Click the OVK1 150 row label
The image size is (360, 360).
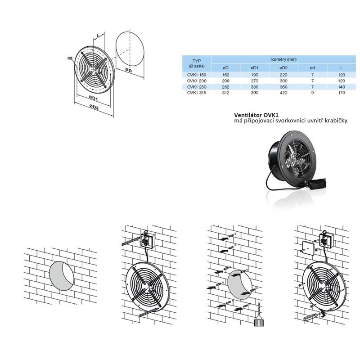197,75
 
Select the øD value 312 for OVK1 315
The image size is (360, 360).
226,93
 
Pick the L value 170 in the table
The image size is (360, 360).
342,93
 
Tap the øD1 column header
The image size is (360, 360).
254,68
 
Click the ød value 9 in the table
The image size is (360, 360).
312,93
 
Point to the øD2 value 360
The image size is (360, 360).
283,87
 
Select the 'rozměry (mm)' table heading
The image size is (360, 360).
283,59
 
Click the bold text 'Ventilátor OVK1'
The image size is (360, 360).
256,115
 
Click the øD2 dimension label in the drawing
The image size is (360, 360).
94,107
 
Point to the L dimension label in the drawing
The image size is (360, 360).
98,36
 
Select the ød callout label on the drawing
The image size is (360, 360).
70,58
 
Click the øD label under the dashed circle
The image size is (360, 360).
129,70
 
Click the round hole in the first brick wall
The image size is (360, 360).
62,276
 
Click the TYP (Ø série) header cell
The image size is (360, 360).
197,63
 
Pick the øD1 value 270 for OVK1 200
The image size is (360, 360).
254,81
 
